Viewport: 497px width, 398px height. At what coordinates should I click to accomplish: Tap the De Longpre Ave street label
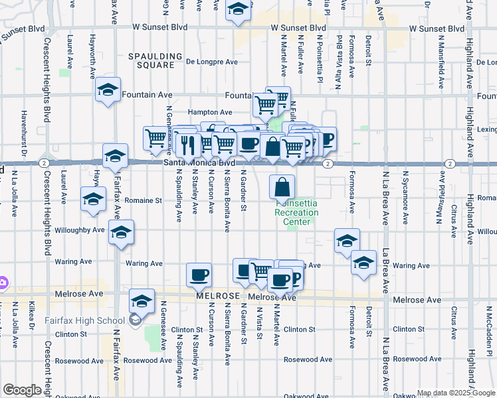point(212,62)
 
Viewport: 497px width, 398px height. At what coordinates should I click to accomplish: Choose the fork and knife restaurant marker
point(188,144)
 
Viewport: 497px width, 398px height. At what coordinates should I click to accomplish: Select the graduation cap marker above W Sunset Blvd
point(237,11)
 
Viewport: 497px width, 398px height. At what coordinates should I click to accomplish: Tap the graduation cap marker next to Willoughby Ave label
point(121,233)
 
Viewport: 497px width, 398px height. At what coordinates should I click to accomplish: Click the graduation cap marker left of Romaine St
point(93,198)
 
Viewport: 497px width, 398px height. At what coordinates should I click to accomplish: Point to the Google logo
point(23,390)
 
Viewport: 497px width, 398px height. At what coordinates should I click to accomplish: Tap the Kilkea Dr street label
point(31,316)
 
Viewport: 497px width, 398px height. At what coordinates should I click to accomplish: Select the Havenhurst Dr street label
point(23,128)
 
